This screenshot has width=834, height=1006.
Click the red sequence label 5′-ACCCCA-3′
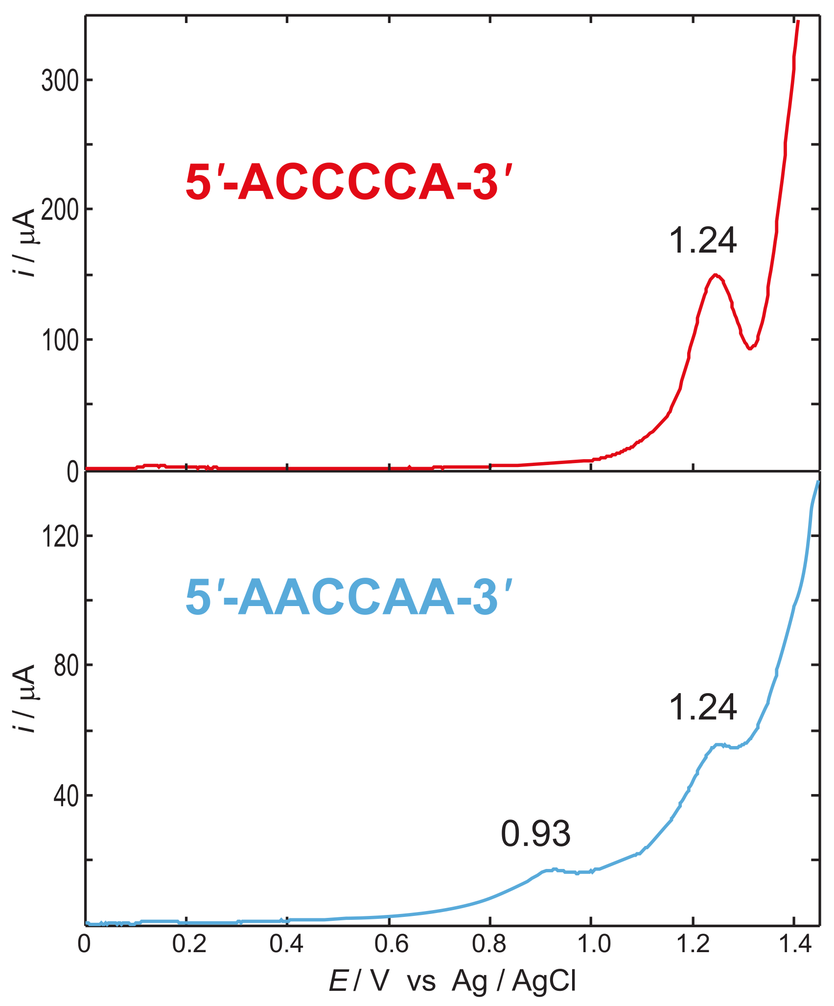coord(348,182)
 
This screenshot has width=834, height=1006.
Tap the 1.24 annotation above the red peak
coord(703,240)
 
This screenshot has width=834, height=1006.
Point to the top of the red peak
coord(715,275)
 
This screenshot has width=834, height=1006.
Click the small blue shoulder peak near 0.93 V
coord(554,870)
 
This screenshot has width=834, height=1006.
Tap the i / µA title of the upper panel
coord(23,242)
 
